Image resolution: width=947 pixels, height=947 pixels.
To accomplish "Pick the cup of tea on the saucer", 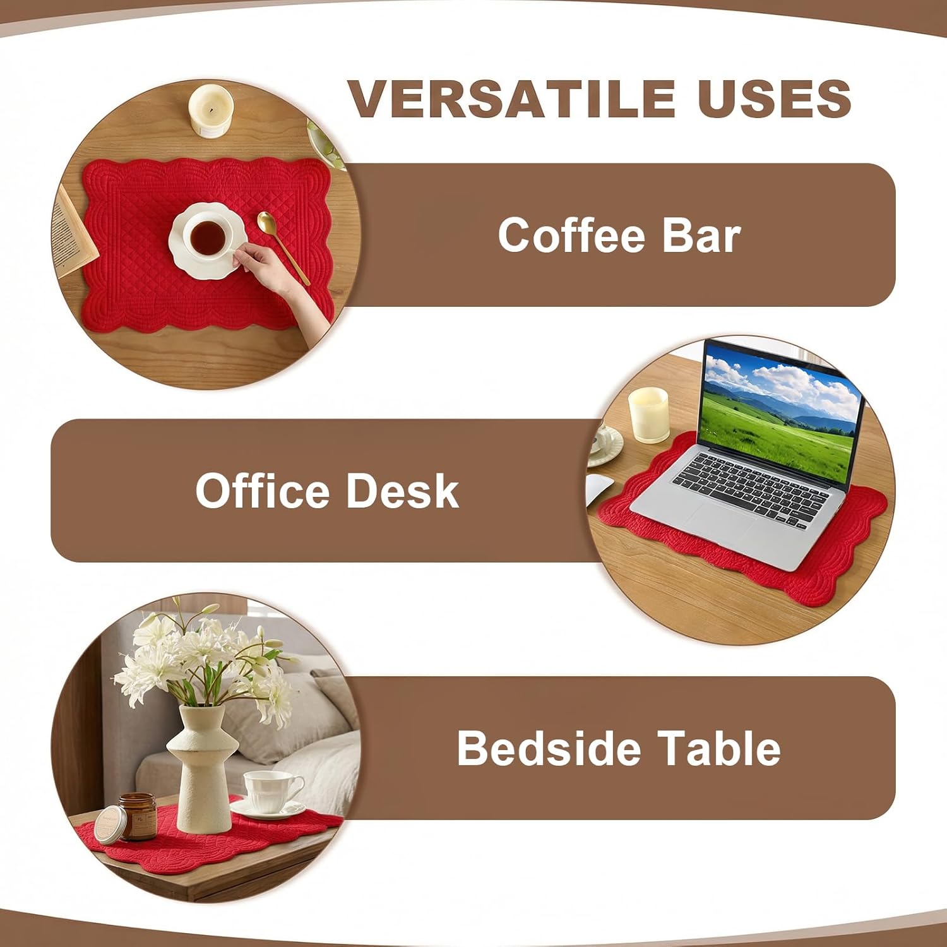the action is [207, 237].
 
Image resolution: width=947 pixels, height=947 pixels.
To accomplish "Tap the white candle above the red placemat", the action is [211, 111].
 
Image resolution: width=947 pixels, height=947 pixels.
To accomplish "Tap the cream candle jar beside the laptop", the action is [648, 415].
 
